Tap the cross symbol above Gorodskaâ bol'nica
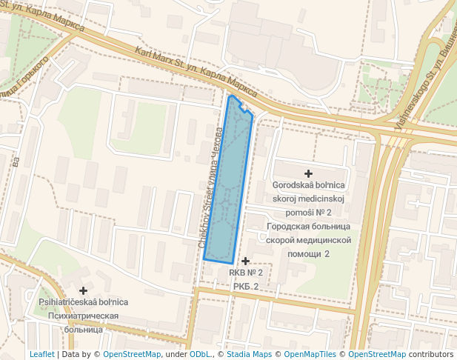tap(308, 173)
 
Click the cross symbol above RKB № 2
tap(245, 261)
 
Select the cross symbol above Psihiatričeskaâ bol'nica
tap(83, 290)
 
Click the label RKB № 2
tap(245, 273)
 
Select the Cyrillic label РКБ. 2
tap(245, 287)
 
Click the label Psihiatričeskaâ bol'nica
tap(83, 302)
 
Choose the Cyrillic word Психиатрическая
tap(83, 316)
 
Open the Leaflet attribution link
tap(41, 354)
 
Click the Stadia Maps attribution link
tap(249, 354)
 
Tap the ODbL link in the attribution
tap(201, 354)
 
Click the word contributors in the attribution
tap(430, 354)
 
